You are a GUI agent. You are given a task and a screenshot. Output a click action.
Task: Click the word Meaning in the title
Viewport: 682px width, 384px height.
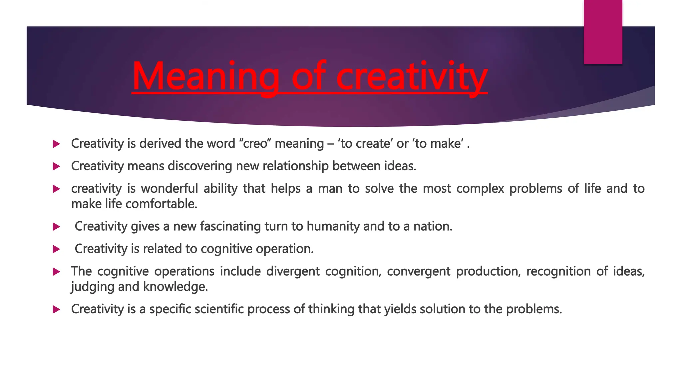[x=205, y=76]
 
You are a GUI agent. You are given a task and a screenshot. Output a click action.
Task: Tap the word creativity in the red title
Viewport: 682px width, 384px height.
[x=412, y=76]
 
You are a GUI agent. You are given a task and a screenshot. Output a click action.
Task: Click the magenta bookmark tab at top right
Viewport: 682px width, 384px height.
[x=603, y=32]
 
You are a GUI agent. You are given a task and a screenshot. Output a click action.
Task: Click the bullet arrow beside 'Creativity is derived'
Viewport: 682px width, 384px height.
[x=56, y=144]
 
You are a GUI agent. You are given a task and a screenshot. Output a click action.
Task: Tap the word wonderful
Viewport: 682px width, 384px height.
[x=170, y=189]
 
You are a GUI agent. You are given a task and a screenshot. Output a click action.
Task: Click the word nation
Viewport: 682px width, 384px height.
[x=433, y=226]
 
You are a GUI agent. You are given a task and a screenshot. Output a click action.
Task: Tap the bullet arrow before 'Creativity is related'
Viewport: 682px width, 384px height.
[x=56, y=249]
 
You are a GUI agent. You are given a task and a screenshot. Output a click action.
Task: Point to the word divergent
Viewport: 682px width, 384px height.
[x=293, y=271]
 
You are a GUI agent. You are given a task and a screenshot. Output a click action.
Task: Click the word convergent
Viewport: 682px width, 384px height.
[x=418, y=271]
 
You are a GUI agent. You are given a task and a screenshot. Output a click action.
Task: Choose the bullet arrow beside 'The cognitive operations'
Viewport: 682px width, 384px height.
[x=56, y=272]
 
